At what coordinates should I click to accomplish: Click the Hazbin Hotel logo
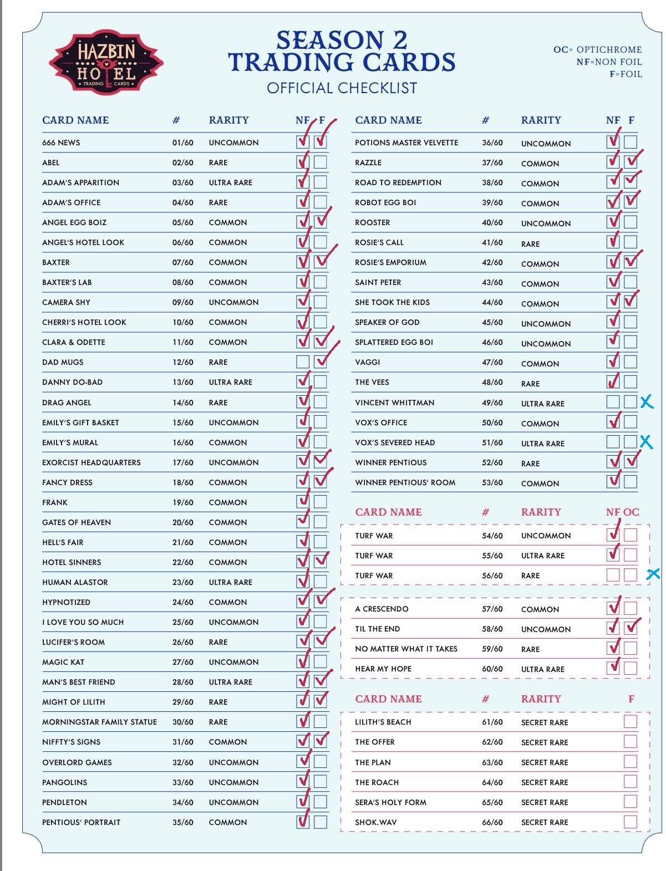click(106, 62)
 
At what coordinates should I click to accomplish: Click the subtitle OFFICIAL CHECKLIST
click(342, 88)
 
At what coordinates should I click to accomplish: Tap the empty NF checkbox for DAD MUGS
click(303, 362)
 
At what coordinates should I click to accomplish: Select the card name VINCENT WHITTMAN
click(394, 403)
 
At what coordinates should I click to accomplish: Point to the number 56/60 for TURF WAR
click(492, 575)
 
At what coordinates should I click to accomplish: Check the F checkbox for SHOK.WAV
click(630, 822)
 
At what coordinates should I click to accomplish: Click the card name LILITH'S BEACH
click(383, 722)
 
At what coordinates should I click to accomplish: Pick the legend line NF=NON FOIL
click(609, 62)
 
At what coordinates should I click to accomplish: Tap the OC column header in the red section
click(631, 512)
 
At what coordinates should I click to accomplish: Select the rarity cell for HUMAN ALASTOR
click(230, 582)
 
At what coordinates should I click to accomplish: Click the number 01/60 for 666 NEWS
click(182, 142)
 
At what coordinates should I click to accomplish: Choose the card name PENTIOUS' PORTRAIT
click(81, 822)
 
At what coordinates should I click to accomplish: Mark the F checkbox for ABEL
click(320, 162)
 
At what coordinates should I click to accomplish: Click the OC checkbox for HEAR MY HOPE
click(630, 668)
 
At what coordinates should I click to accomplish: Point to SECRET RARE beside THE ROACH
click(544, 782)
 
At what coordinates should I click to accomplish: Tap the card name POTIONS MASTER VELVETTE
click(406, 142)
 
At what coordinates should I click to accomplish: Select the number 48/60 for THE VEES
click(492, 382)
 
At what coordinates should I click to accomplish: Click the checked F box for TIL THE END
click(630, 628)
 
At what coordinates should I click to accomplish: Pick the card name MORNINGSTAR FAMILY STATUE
click(99, 722)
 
